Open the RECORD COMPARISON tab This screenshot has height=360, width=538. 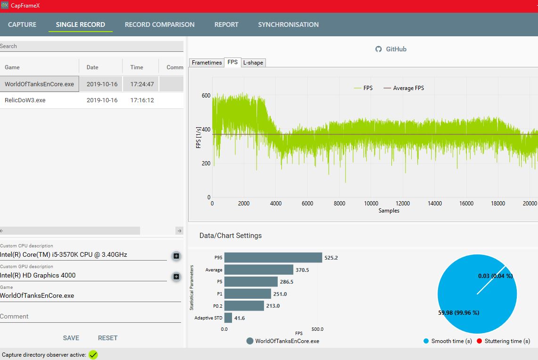pyautogui.click(x=159, y=25)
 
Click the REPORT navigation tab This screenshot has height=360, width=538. pyautogui.click(x=226, y=25)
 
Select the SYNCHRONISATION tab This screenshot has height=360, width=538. pyautogui.click(x=288, y=25)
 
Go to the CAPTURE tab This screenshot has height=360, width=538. pyautogui.click(x=22, y=25)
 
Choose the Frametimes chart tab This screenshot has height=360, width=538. pyautogui.click(x=207, y=63)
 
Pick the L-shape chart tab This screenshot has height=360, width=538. pyautogui.click(x=253, y=63)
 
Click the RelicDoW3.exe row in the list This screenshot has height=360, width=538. pyautogui.click(x=25, y=100)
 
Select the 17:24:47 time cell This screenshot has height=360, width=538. pyautogui.click(x=142, y=84)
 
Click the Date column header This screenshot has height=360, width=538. pyautogui.click(x=92, y=67)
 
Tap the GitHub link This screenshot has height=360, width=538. pyautogui.click(x=391, y=49)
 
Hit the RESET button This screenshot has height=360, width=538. pyautogui.click(x=108, y=338)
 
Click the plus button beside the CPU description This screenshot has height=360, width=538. pyautogui.click(x=176, y=256)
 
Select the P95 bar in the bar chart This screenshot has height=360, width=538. pyautogui.click(x=273, y=258)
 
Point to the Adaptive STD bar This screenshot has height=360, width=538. pyautogui.click(x=228, y=318)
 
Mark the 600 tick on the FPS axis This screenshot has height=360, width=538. pyautogui.click(x=206, y=95)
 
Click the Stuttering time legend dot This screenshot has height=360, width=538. pyautogui.click(x=480, y=341)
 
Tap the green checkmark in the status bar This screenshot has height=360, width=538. pyautogui.click(x=93, y=354)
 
